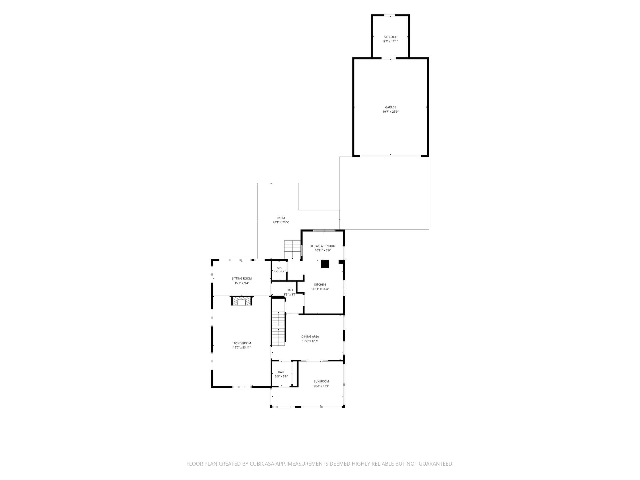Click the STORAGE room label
click(x=390, y=37)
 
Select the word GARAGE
click(x=391, y=107)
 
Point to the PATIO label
click(x=281, y=218)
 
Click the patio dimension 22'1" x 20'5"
click(x=281, y=222)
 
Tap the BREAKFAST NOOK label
click(x=323, y=246)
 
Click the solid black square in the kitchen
click(x=325, y=264)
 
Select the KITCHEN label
click(x=320, y=285)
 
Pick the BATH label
click(x=279, y=268)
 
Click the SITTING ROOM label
click(x=242, y=279)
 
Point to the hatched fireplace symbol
click(x=242, y=302)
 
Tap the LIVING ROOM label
click(x=242, y=343)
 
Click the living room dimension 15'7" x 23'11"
click(x=242, y=347)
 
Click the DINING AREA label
click(x=310, y=336)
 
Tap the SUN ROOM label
click(x=322, y=381)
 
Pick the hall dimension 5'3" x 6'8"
click(x=281, y=376)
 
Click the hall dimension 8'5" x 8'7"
click(x=290, y=295)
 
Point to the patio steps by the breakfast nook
click(x=293, y=250)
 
